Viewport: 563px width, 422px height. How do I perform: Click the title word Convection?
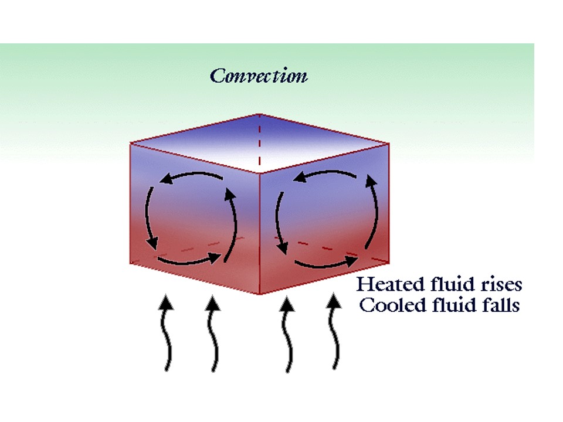point(259,76)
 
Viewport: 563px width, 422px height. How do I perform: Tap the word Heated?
point(384,285)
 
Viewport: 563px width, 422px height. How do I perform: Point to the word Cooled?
point(387,305)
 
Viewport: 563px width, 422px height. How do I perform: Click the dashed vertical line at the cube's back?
point(260,141)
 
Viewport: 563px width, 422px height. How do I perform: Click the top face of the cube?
point(258,142)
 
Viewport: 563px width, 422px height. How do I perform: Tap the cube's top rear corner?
point(260,114)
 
